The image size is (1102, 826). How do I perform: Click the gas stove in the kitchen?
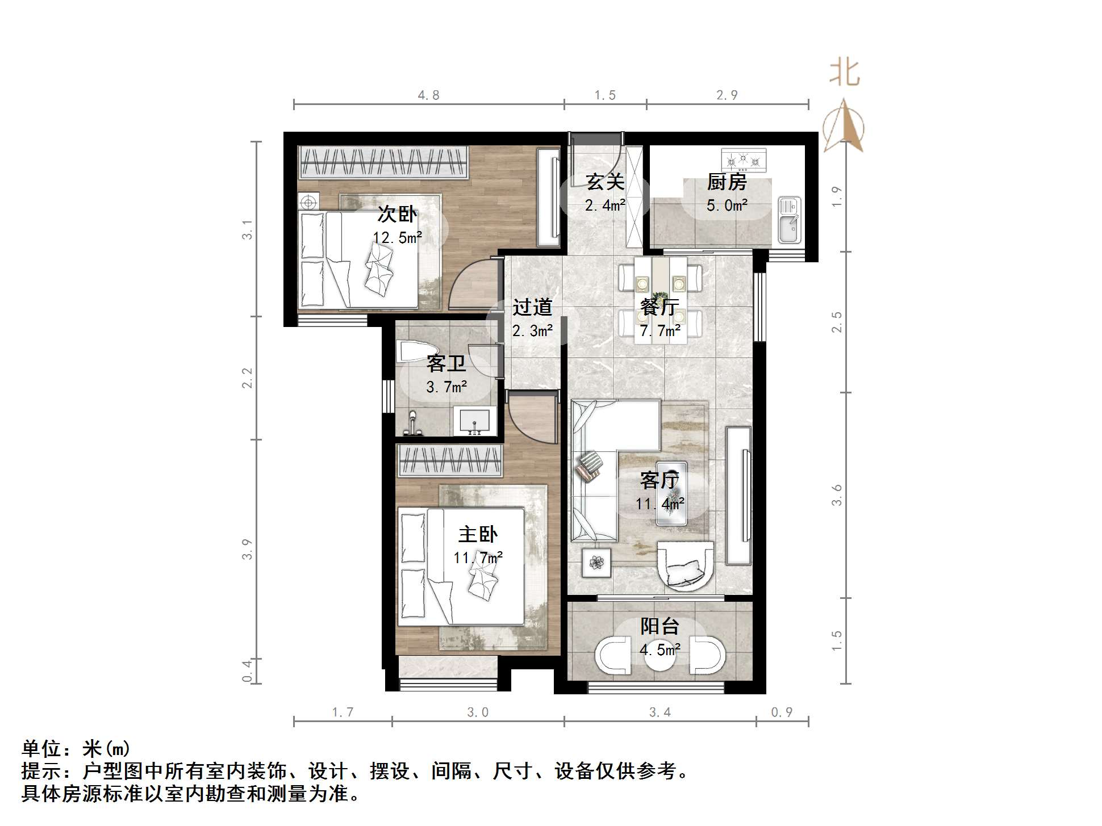pyautogui.click(x=743, y=160)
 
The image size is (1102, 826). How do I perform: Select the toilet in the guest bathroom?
pyautogui.click(x=407, y=351)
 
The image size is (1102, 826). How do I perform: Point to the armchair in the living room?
pyautogui.click(x=684, y=565)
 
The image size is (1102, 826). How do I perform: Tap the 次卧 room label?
pyautogui.click(x=397, y=215)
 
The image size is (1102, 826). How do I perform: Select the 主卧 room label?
pyautogui.click(x=478, y=534)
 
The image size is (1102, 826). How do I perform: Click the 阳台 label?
pyautogui.click(x=659, y=626)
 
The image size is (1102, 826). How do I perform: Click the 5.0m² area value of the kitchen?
pyautogui.click(x=727, y=206)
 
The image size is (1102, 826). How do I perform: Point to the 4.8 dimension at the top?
pyautogui.click(x=428, y=95)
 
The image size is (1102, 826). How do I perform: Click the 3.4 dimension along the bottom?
pyautogui.click(x=659, y=712)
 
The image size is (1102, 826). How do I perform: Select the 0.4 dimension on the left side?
pyautogui.click(x=247, y=671)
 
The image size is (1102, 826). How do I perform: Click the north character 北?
pyautogui.click(x=844, y=73)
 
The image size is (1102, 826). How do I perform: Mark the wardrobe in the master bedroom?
pyautogui.click(x=450, y=460)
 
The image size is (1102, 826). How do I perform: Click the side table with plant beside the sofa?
pyautogui.click(x=596, y=563)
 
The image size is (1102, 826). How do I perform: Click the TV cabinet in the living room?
pyautogui.click(x=738, y=495)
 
